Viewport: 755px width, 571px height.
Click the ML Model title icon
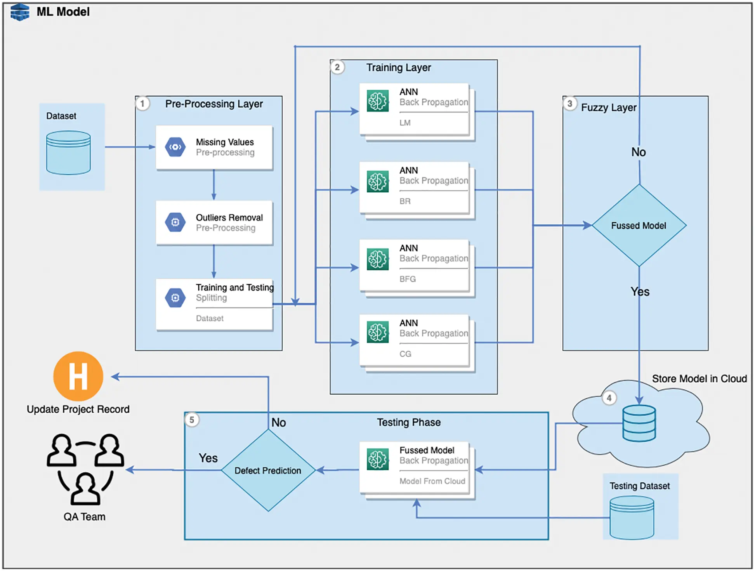pos(20,12)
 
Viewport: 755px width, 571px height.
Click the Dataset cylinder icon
pos(68,153)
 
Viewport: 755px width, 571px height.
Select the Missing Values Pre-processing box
pos(214,147)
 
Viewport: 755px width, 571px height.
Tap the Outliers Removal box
pos(214,222)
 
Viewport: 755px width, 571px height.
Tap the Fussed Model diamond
pos(639,226)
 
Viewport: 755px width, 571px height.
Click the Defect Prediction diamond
pos(268,470)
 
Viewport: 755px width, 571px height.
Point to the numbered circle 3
pos(569,104)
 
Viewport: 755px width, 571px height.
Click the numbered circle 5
pos(192,420)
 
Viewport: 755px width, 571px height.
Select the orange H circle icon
pos(78,376)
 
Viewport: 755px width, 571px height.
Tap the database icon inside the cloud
pos(639,423)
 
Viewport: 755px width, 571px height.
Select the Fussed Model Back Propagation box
pos(414,468)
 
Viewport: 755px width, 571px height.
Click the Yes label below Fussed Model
pos(640,292)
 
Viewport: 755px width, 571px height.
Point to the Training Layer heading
pos(398,68)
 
